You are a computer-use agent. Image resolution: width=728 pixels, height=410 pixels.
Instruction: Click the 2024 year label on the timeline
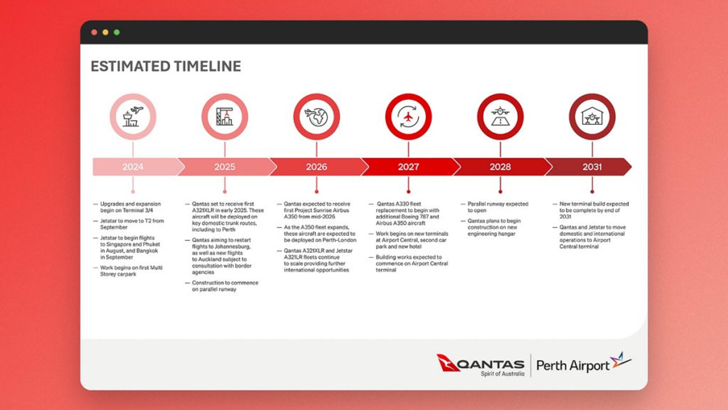[133, 167]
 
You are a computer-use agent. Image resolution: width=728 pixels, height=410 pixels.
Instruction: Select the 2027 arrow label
[408, 167]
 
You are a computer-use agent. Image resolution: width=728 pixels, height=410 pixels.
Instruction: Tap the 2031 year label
[592, 167]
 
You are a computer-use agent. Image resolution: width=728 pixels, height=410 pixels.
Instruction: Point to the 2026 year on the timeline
[317, 167]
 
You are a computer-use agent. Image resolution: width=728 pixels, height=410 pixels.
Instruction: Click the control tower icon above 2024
[133, 117]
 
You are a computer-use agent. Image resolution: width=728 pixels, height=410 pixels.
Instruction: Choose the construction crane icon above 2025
[225, 117]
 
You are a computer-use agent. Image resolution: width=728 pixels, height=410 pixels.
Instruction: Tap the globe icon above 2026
[317, 117]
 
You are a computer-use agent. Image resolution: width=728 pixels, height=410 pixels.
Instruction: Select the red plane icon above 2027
[408, 117]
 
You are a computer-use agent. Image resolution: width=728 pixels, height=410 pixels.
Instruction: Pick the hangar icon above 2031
[592, 116]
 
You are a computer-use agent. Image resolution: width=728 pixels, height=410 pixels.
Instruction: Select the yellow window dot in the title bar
[105, 32]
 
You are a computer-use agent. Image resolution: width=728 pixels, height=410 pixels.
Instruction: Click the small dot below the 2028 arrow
[500, 192]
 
